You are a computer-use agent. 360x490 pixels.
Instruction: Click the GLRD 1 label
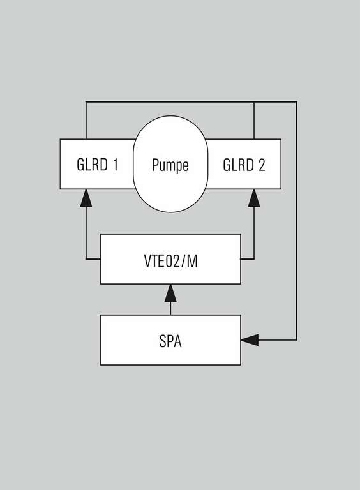click(98, 165)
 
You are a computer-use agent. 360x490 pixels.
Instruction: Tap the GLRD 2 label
click(244, 165)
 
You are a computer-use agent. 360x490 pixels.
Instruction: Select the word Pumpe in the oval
click(170, 165)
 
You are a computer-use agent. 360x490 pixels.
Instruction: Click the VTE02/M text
click(170, 261)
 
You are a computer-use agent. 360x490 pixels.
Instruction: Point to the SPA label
click(170, 341)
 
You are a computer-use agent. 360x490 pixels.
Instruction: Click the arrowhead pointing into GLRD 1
click(86, 198)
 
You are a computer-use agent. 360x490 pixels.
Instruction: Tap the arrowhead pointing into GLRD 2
click(254, 198)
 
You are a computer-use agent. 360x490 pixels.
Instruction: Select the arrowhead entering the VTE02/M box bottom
click(170, 293)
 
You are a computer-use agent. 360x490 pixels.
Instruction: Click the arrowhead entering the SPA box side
click(250, 339)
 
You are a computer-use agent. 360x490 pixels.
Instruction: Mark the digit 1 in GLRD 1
click(116, 165)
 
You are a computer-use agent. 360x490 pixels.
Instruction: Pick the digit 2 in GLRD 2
click(262, 165)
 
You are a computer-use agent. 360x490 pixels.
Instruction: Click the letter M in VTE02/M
click(192, 261)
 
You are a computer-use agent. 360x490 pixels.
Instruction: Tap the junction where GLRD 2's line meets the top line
click(254, 102)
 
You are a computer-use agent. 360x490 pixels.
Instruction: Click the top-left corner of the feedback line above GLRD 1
click(86, 102)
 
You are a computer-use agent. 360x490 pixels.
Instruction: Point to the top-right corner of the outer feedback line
click(296, 102)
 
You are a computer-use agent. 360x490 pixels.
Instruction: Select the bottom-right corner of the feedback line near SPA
click(296, 339)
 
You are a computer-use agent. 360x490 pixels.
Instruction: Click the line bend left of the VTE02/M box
click(86, 259)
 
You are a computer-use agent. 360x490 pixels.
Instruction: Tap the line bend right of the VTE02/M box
click(254, 259)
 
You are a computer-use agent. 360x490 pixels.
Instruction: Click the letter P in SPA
click(170, 341)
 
